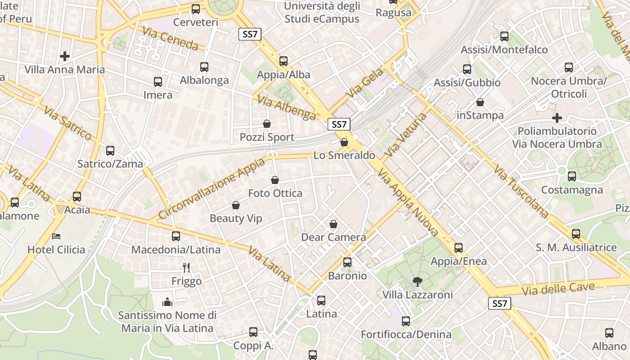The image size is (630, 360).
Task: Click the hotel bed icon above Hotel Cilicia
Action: pyautogui.click(x=56, y=236)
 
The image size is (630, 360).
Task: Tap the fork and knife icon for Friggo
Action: pyautogui.click(x=187, y=268)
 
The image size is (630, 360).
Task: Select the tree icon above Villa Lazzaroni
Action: pyautogui.click(x=418, y=282)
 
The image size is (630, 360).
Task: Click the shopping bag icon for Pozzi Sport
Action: pyautogui.click(x=267, y=124)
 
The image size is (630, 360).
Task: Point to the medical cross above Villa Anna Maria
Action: pyautogui.click(x=65, y=56)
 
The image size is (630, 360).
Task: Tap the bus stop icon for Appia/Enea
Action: pyautogui.click(x=459, y=248)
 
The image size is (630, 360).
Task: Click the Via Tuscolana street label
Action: pyautogui.click(x=521, y=192)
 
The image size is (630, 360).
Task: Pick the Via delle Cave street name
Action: pyautogui.click(x=564, y=288)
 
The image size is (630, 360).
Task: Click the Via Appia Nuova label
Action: pyautogui.click(x=408, y=202)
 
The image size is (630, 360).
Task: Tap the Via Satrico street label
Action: pyautogui.click(x=68, y=123)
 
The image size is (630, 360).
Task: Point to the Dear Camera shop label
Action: pyautogui.click(x=333, y=237)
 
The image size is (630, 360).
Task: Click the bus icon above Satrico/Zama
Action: pyautogui.click(x=110, y=151)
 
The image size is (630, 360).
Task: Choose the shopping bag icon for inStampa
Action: pyautogui.click(x=480, y=102)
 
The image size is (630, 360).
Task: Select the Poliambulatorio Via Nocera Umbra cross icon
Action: pyautogui.click(x=557, y=118)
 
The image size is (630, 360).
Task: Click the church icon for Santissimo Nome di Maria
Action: pyautogui.click(x=167, y=301)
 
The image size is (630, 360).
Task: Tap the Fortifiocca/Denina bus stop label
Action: pyautogui.click(x=406, y=334)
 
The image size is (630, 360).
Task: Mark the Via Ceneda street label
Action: pyautogui.click(x=171, y=38)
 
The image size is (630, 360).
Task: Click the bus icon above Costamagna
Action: pyautogui.click(x=572, y=176)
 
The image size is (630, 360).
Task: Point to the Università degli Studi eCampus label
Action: pyautogui.click(x=322, y=13)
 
